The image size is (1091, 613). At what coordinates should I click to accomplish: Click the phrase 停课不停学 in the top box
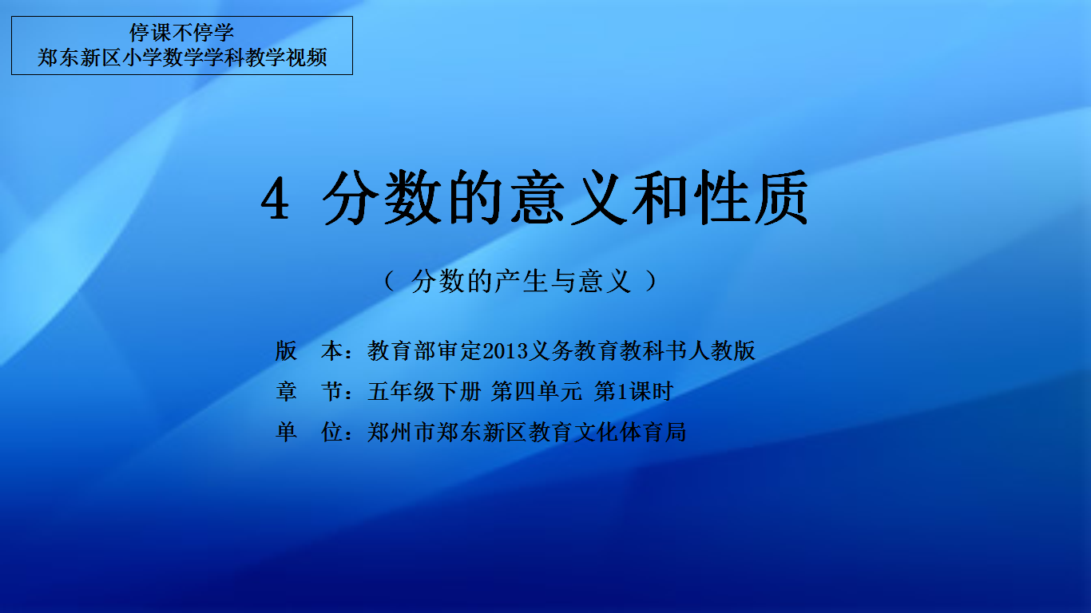tap(181, 33)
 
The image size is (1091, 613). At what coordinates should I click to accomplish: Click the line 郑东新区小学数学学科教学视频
tap(182, 57)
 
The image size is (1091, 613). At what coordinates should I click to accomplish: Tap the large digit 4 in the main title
tap(276, 199)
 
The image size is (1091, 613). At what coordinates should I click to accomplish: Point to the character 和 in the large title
tap(660, 197)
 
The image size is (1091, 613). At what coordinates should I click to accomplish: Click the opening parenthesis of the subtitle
tap(389, 281)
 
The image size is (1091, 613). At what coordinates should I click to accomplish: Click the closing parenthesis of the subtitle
tap(651, 281)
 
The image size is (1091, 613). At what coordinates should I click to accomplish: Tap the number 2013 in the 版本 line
tap(505, 351)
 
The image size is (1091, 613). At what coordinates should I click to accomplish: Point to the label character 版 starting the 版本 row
tap(286, 350)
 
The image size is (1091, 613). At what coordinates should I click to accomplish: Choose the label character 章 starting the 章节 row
tap(286, 391)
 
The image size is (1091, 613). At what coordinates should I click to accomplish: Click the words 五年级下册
tap(424, 391)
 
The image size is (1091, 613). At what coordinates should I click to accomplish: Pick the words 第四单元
tap(536, 391)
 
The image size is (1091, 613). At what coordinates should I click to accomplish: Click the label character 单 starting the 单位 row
tap(286, 432)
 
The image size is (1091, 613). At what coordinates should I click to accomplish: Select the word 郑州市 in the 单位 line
tap(401, 432)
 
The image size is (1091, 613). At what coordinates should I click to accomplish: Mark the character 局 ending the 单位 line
tap(676, 432)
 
